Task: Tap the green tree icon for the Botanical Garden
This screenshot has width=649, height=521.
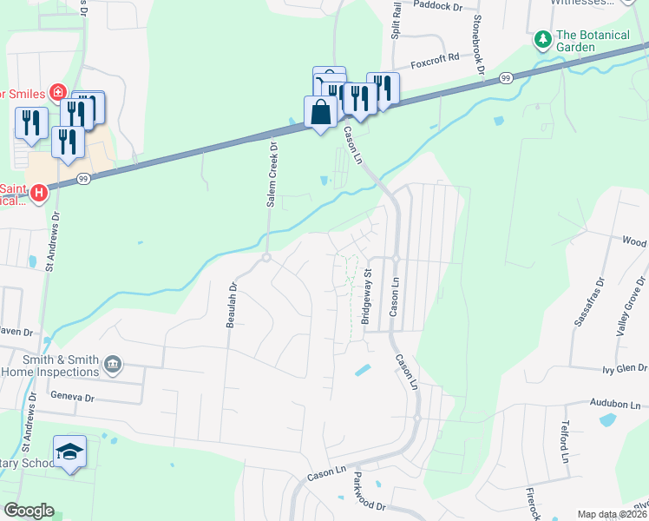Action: [x=542, y=38]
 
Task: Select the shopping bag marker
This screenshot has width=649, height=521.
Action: [x=320, y=112]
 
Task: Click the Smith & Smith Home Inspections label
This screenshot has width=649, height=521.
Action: [x=49, y=366]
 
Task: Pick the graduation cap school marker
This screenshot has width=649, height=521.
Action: [x=69, y=452]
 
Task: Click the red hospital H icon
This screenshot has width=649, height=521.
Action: [x=37, y=193]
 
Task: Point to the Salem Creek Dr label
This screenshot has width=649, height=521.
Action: [x=272, y=174]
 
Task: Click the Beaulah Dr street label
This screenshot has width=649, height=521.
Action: [x=232, y=305]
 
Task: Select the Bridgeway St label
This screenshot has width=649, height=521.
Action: [x=367, y=295]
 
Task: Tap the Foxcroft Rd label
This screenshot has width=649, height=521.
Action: [x=436, y=63]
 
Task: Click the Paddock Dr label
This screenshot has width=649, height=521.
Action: [x=440, y=6]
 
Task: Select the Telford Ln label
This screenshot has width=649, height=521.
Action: [x=565, y=444]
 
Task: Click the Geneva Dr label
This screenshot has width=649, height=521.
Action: [x=72, y=397]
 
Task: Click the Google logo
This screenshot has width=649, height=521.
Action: [x=29, y=511]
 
